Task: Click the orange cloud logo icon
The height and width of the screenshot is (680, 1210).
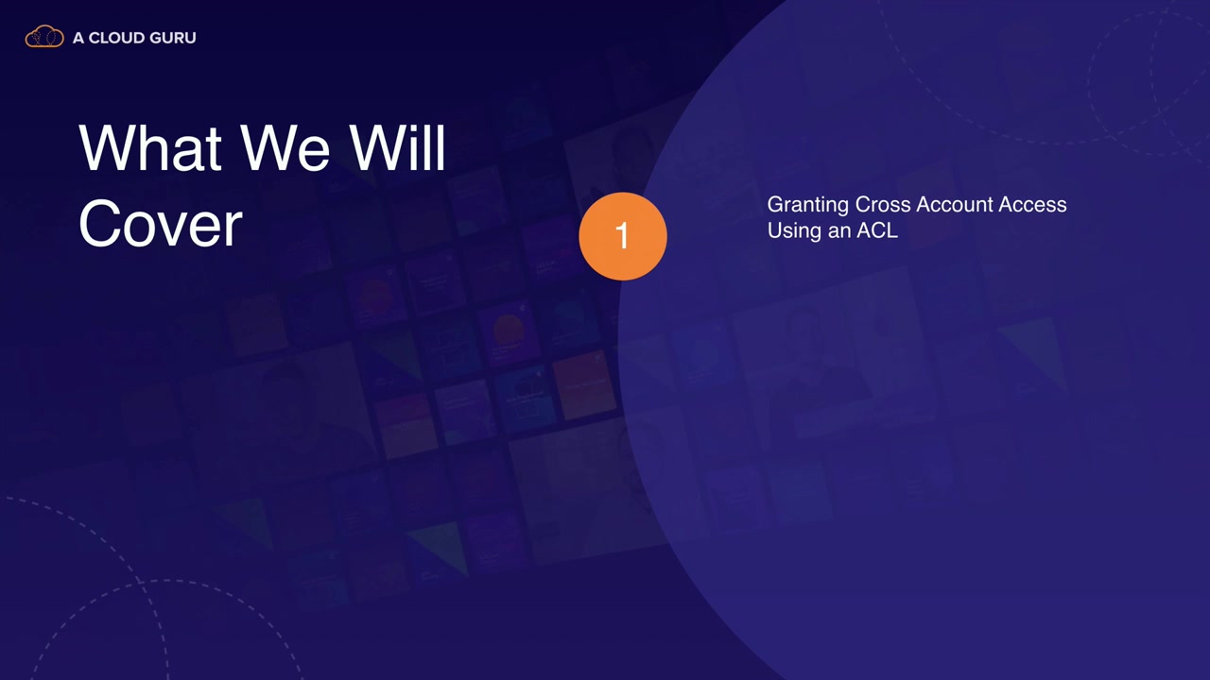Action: point(44,36)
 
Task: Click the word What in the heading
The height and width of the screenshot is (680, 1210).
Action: point(150,147)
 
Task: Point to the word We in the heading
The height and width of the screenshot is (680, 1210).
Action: point(285,147)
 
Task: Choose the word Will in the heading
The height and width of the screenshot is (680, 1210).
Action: point(397,147)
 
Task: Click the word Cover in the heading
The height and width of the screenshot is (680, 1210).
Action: point(161,223)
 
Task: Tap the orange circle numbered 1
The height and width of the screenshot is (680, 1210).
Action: point(623,236)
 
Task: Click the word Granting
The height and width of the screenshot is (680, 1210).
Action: point(808,205)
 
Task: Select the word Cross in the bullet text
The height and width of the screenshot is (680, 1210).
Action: point(883,205)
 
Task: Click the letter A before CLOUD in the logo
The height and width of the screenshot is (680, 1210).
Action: point(78,38)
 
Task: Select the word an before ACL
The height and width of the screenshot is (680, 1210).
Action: point(839,232)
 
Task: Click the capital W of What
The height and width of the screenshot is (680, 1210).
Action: point(109,147)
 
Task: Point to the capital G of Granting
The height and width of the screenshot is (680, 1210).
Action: point(776,205)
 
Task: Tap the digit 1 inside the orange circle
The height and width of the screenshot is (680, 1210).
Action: point(622,235)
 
